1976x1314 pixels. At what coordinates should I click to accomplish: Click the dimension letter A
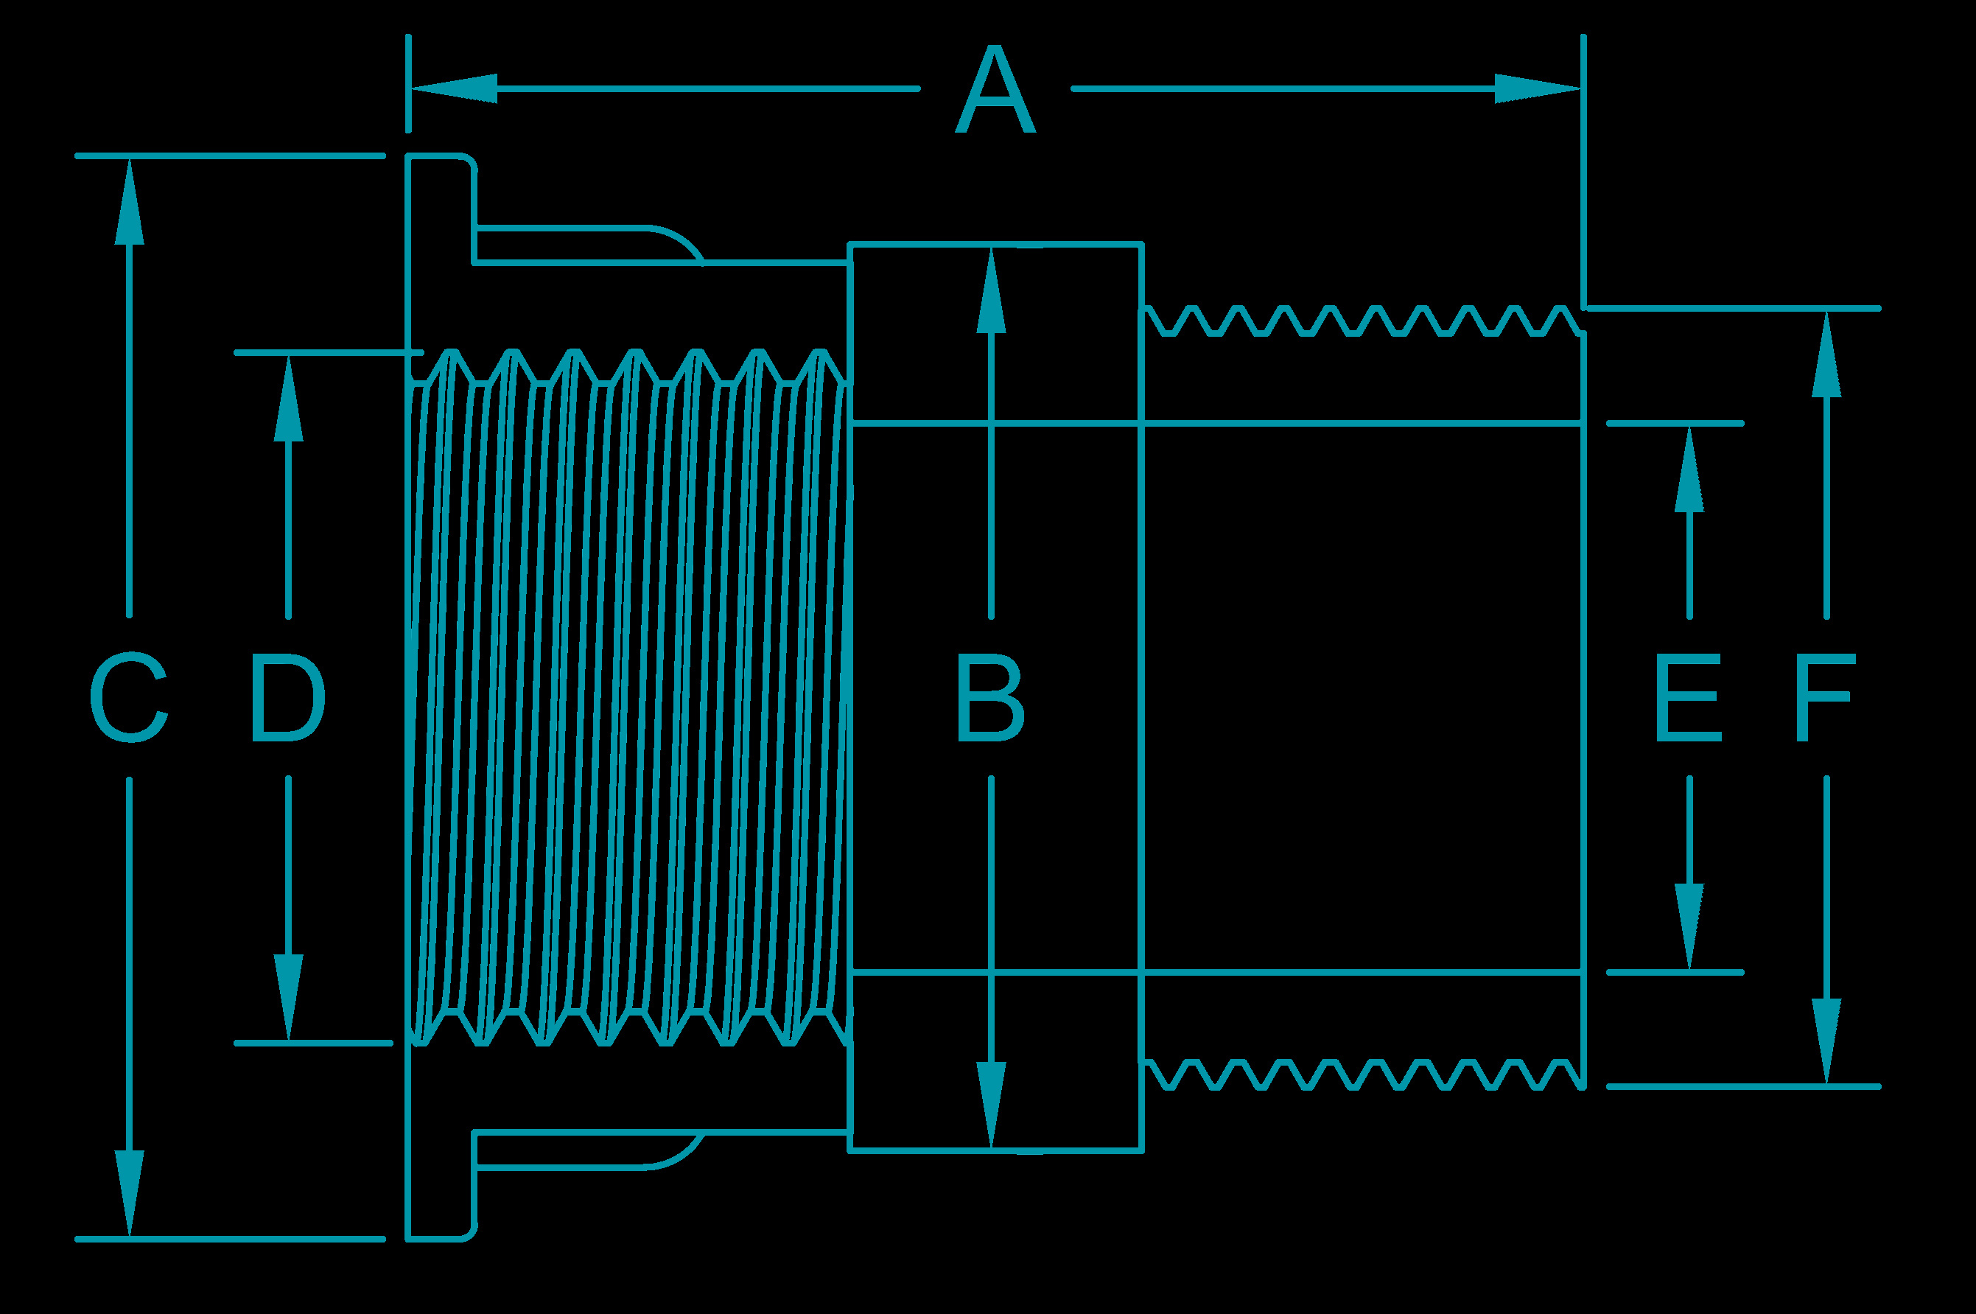coord(995,91)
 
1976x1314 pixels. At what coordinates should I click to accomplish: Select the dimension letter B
coord(990,699)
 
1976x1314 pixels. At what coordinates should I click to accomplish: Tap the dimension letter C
coord(129,699)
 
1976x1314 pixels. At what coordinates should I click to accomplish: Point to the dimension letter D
coord(288,699)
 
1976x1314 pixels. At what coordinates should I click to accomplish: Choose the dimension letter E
coord(1689,699)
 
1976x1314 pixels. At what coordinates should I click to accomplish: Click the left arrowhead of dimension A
coord(453,89)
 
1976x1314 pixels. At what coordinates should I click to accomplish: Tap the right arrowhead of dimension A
coord(1538,89)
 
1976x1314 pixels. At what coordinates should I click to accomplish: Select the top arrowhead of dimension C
coord(129,201)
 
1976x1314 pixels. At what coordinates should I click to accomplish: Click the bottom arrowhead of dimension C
coord(129,1193)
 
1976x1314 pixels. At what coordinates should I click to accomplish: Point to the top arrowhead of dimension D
coord(288,397)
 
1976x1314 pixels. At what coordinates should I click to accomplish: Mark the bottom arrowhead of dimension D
coord(288,998)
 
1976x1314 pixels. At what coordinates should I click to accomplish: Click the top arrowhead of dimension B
coord(991,290)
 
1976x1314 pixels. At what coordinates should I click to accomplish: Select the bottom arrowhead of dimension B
coord(991,1105)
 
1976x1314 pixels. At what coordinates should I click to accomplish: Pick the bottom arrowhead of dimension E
coord(1689,927)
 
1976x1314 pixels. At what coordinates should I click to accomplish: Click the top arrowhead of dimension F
coord(1826,354)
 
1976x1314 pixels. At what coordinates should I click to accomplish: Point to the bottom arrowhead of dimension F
coord(1826,1041)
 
